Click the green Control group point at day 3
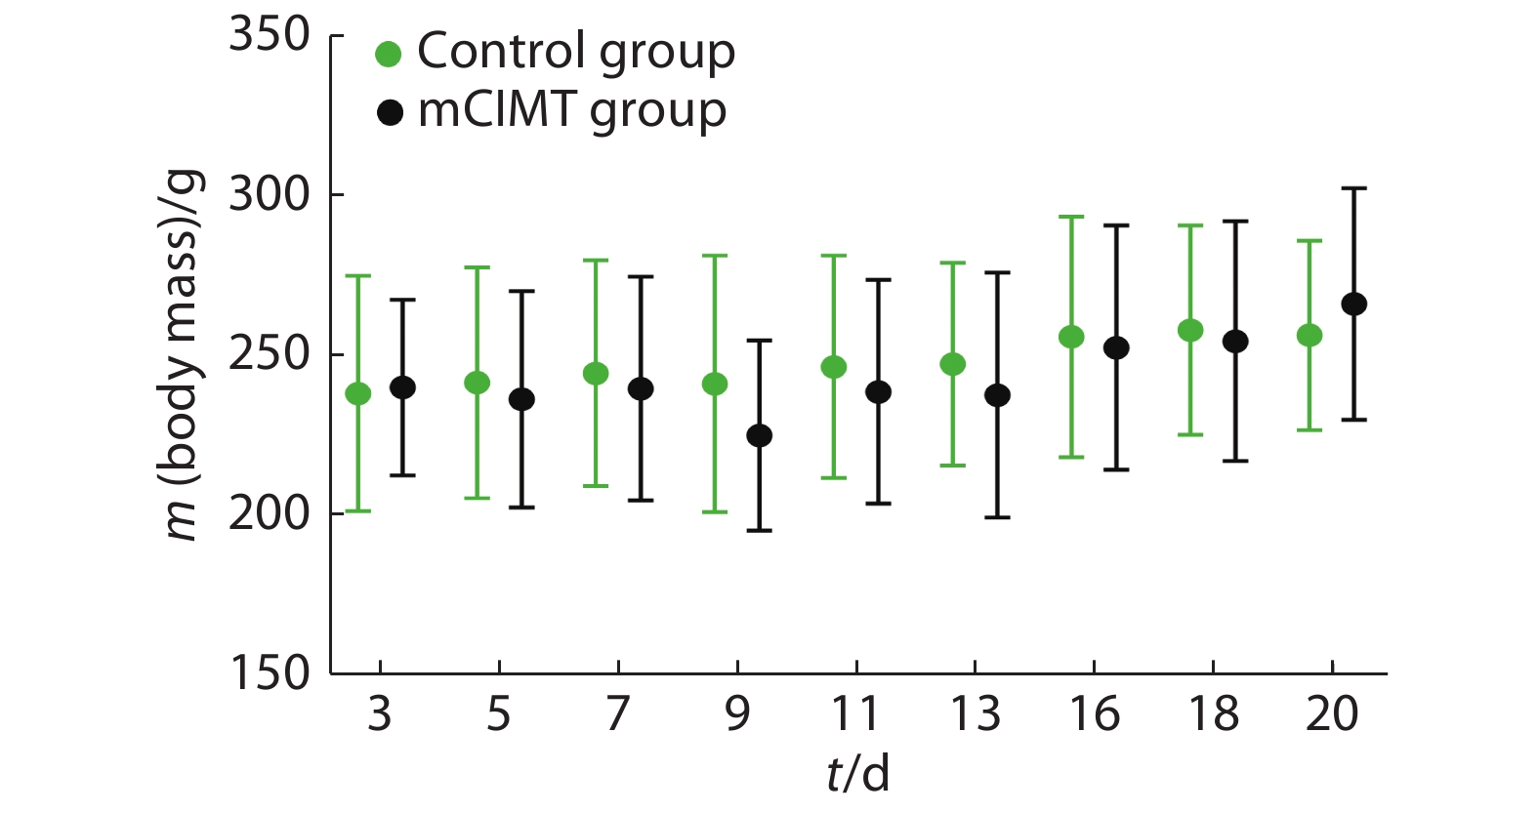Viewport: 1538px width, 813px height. (x=358, y=393)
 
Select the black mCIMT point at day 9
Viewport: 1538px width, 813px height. (x=759, y=435)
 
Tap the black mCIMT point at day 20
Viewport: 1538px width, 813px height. (x=1353, y=305)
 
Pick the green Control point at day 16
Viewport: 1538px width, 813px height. (x=1071, y=337)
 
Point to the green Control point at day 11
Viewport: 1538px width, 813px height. (x=833, y=367)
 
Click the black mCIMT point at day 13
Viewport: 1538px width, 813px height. (x=997, y=395)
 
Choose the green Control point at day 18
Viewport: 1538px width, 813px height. (x=1190, y=330)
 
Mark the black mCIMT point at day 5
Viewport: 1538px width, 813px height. (x=521, y=399)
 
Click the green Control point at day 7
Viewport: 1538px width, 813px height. (x=596, y=374)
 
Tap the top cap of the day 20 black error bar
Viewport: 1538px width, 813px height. (x=1353, y=188)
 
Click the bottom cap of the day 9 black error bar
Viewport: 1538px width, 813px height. (x=759, y=530)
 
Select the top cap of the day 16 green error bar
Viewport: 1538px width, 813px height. (x=1071, y=217)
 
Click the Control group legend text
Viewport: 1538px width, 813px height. (x=575, y=52)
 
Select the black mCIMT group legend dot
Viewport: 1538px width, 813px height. (x=390, y=113)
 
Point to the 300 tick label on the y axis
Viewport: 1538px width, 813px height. (x=270, y=195)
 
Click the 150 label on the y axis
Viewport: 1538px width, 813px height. (x=270, y=673)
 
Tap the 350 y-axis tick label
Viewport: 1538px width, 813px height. (x=270, y=35)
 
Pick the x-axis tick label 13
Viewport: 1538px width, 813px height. (x=975, y=714)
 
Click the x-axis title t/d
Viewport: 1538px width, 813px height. (x=857, y=774)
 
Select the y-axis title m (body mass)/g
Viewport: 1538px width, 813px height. (x=182, y=354)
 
